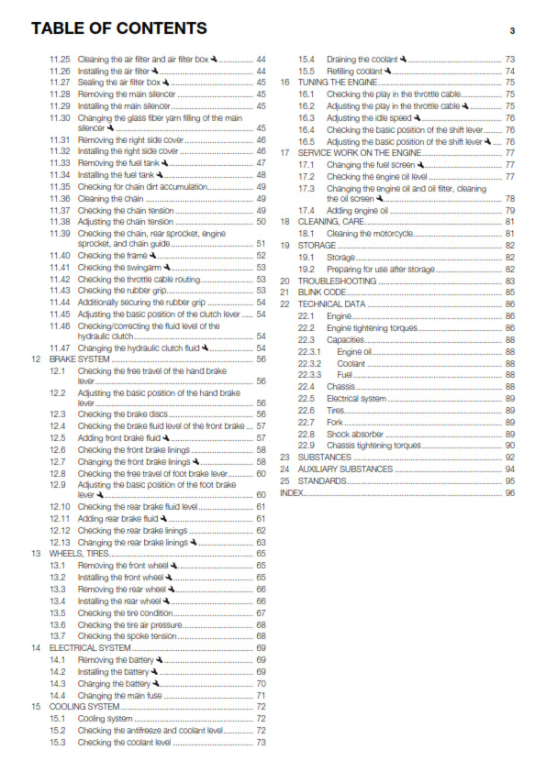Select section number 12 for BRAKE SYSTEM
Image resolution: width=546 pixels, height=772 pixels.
point(36,359)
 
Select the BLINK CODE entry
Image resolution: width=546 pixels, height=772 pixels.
point(328,292)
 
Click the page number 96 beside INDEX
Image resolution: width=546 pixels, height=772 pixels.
point(509,492)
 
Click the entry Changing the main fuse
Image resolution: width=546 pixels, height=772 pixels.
point(124,695)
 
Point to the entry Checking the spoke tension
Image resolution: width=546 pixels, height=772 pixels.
point(127,636)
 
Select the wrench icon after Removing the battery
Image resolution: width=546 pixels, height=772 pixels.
point(158,660)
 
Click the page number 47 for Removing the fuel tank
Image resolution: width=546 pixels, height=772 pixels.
point(262,162)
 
